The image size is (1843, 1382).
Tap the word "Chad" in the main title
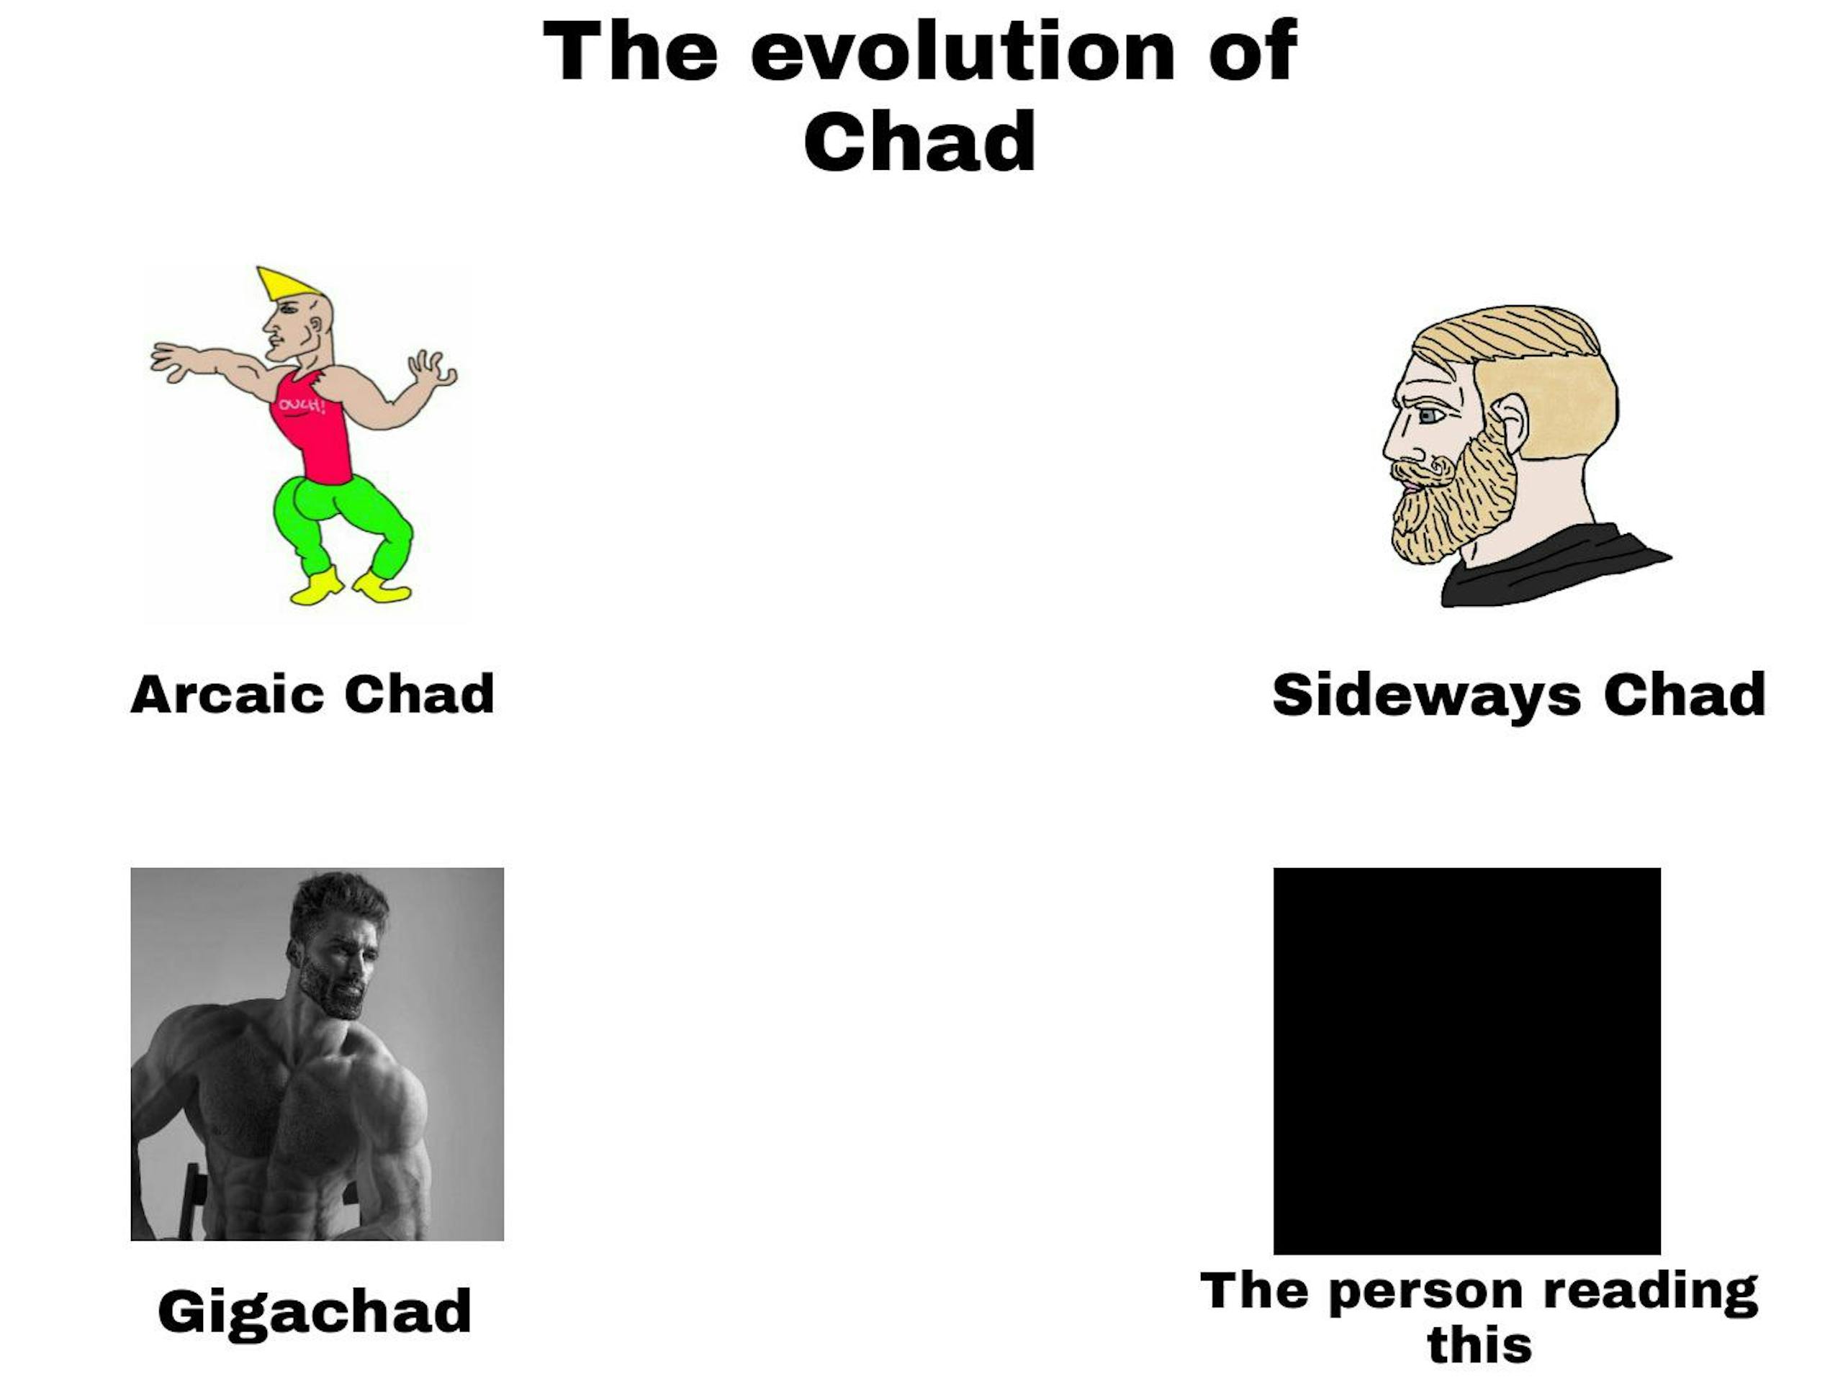point(920,141)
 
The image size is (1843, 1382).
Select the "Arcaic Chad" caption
point(312,694)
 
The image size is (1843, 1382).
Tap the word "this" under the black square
point(1479,1345)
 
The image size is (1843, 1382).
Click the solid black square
point(1466,1060)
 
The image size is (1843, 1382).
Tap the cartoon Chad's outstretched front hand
point(171,361)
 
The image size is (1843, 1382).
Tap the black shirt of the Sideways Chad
point(1541,566)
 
